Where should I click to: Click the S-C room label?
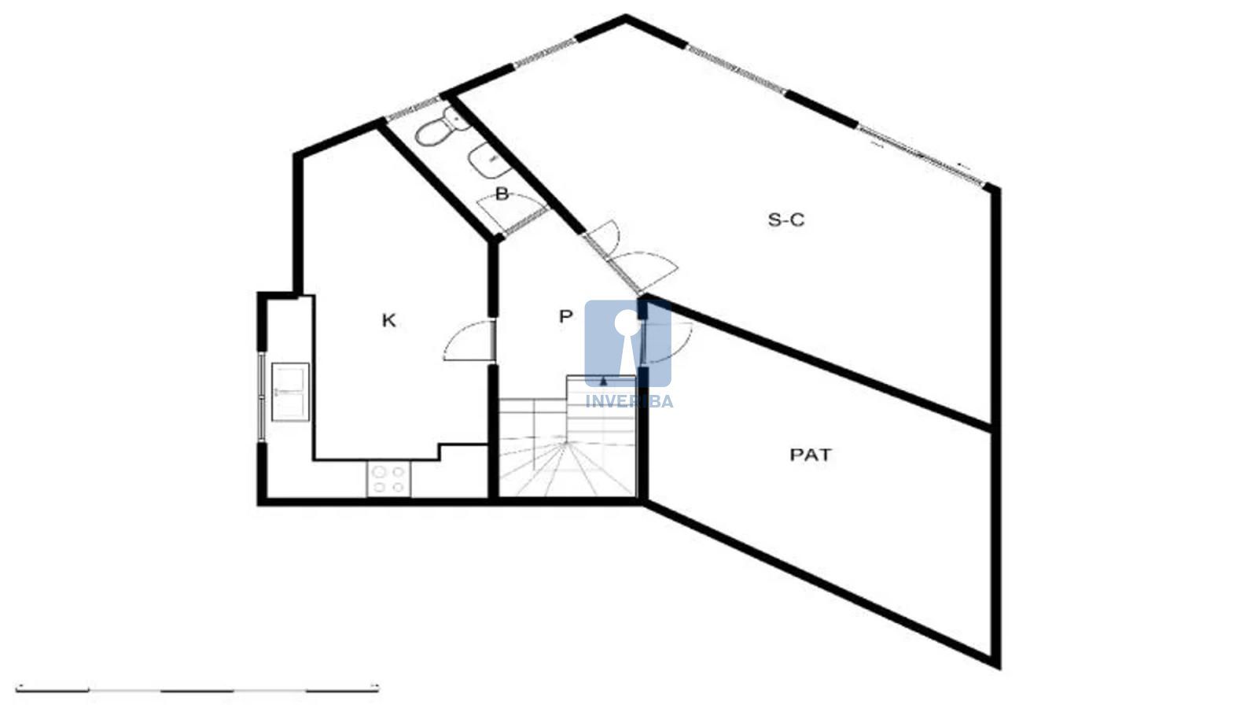pos(785,219)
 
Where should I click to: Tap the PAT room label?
pos(811,455)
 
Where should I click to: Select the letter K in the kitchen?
pos(388,320)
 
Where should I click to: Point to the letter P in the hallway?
pos(565,316)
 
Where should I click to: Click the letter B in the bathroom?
pos(502,194)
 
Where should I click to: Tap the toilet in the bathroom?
pos(441,127)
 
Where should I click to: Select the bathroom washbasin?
pos(488,160)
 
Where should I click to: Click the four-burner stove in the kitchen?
pos(388,479)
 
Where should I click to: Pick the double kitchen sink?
pos(290,392)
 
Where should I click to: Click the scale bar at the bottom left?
pos(197,689)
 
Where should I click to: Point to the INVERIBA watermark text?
pos(629,401)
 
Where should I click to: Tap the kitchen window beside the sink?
pos(262,396)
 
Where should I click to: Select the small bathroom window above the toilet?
pos(413,109)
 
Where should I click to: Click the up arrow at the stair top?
pos(603,382)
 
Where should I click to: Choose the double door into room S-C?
pos(629,259)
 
